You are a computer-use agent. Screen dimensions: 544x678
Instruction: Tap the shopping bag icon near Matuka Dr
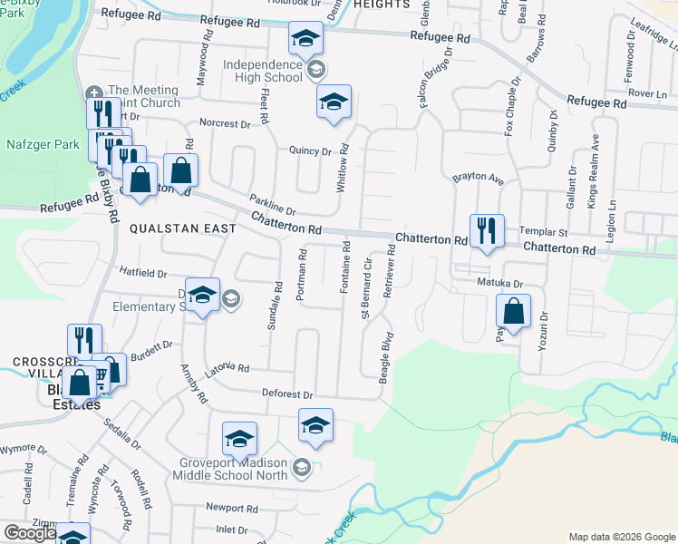(x=514, y=312)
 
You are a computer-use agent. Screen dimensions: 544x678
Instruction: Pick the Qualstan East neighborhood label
(x=182, y=228)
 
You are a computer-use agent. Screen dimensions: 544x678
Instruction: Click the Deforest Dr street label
(x=287, y=395)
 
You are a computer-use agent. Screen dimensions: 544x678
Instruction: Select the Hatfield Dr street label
(x=143, y=273)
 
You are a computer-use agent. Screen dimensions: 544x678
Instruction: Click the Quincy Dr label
(x=310, y=151)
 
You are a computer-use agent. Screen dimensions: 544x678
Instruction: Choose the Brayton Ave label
(x=477, y=179)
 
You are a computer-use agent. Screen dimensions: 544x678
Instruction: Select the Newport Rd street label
(x=232, y=509)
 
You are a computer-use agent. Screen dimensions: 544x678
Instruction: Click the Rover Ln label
(x=646, y=93)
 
